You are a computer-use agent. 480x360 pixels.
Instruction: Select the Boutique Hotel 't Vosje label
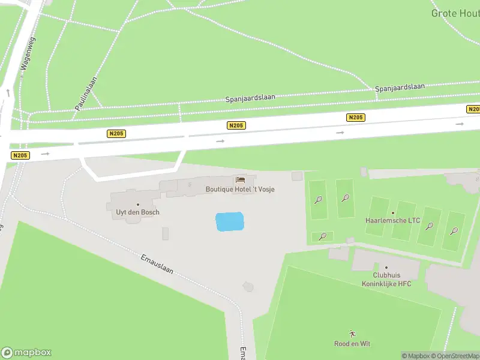[x=240, y=189]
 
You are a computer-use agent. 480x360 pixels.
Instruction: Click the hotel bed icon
[x=241, y=179]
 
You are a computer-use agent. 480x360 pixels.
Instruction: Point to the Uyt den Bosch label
[x=137, y=212]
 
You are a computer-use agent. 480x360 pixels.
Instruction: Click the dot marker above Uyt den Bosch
[x=137, y=205]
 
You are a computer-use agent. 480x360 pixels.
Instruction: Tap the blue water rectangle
[x=230, y=221]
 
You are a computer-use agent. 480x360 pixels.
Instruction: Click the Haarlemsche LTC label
[x=393, y=220]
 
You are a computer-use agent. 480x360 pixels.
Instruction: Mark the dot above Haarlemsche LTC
[x=393, y=212]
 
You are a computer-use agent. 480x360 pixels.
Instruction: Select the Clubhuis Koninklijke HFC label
[x=386, y=280]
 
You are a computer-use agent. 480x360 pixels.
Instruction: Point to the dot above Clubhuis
[x=386, y=268]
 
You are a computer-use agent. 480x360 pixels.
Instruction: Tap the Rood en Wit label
[x=352, y=344]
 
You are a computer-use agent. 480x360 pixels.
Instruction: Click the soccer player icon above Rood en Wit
[x=352, y=334]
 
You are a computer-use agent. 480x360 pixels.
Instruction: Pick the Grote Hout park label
[x=455, y=13]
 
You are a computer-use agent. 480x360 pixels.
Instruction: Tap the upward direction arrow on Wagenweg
[x=8, y=93]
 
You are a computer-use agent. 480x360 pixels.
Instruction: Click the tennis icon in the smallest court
[x=323, y=236]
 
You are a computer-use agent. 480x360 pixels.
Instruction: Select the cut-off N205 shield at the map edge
[x=473, y=109]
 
